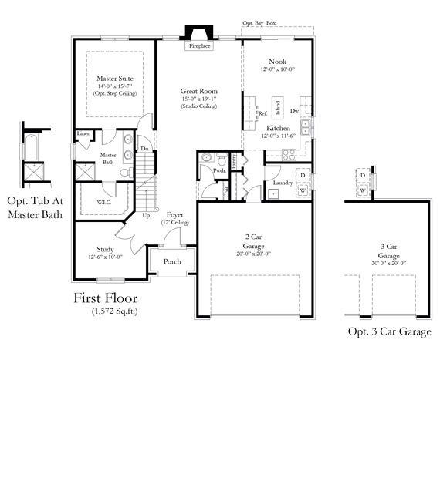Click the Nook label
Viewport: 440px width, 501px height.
coord(277,62)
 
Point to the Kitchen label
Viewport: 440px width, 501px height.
coord(278,128)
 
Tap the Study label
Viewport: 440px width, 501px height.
coord(105,249)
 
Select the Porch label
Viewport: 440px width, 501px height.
coord(173,261)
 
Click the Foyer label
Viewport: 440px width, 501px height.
coord(175,215)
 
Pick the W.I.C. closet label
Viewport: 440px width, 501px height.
coord(106,203)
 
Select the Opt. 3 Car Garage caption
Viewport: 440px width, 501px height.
coord(388,331)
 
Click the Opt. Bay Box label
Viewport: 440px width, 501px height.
coord(259,24)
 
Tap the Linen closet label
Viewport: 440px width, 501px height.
coord(84,133)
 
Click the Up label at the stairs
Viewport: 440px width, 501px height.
coord(147,215)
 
